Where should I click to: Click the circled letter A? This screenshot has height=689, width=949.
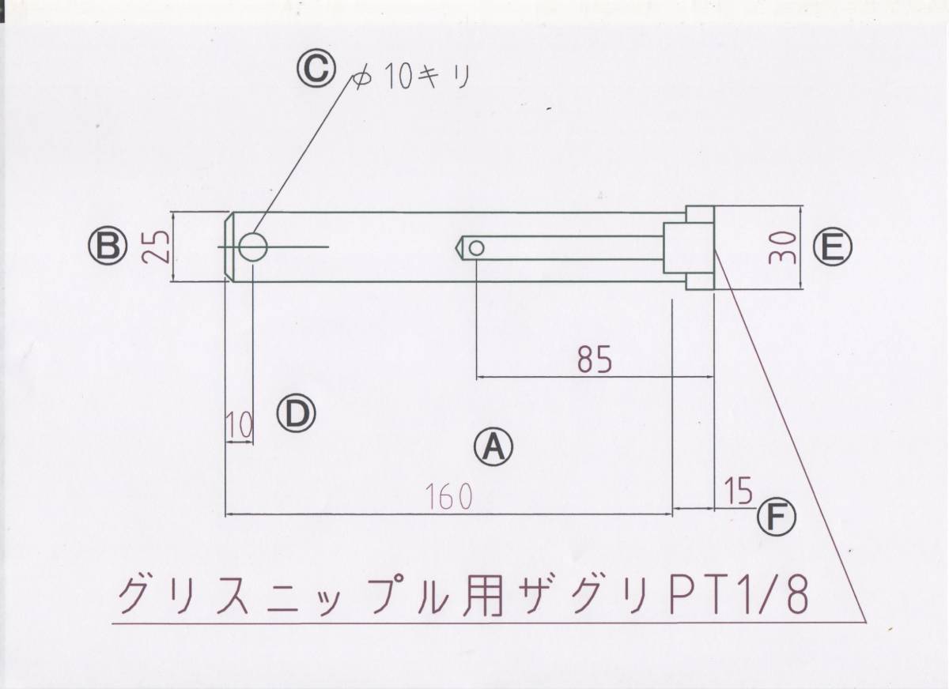(x=493, y=448)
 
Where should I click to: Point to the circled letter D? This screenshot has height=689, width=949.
(x=297, y=412)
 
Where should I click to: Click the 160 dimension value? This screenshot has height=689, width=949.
(x=448, y=496)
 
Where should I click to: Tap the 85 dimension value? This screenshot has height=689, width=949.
(x=595, y=360)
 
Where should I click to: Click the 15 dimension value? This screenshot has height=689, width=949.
(x=737, y=491)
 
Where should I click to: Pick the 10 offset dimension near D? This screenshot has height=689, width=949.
(x=239, y=427)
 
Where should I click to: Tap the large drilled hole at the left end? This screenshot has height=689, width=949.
(x=253, y=247)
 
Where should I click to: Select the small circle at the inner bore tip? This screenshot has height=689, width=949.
(x=476, y=248)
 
